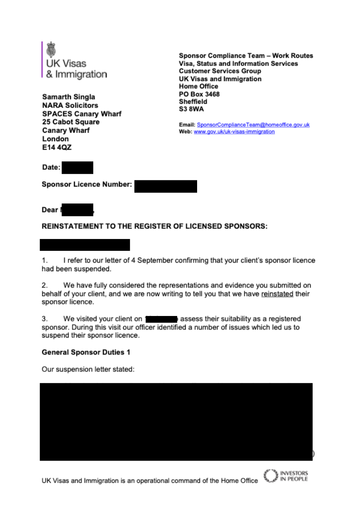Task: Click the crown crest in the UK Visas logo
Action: click(x=51, y=49)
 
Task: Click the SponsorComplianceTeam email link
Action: click(x=253, y=125)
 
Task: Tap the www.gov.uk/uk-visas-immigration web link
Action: click(x=234, y=132)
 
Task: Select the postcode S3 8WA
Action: click(x=191, y=109)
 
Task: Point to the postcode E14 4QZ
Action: click(x=57, y=147)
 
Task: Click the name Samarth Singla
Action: click(x=68, y=97)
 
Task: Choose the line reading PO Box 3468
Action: click(x=199, y=94)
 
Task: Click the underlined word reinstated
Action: click(x=277, y=294)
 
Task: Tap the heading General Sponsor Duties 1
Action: click(x=86, y=352)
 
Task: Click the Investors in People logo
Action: click(x=286, y=476)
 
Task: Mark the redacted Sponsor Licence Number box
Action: click(x=165, y=186)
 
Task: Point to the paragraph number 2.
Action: click(x=44, y=285)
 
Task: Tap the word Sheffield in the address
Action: click(x=193, y=101)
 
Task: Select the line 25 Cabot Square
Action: click(x=71, y=122)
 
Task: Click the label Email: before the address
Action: click(x=187, y=125)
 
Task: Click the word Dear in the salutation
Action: click(x=50, y=210)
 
